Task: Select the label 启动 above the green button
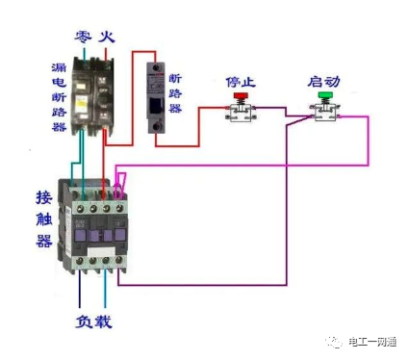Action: point(321,81)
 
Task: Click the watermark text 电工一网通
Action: point(373,341)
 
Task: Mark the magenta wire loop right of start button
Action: point(368,140)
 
